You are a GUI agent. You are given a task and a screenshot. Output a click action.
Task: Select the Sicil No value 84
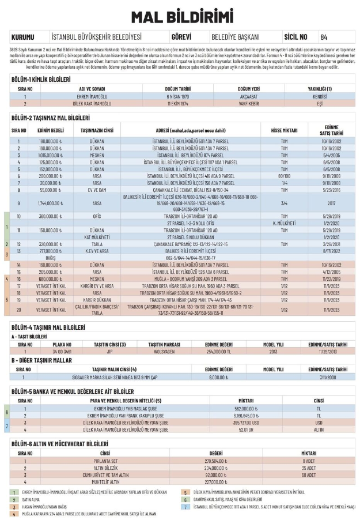tap(324, 36)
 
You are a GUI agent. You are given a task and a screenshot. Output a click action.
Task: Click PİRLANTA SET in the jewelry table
tap(105, 461)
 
